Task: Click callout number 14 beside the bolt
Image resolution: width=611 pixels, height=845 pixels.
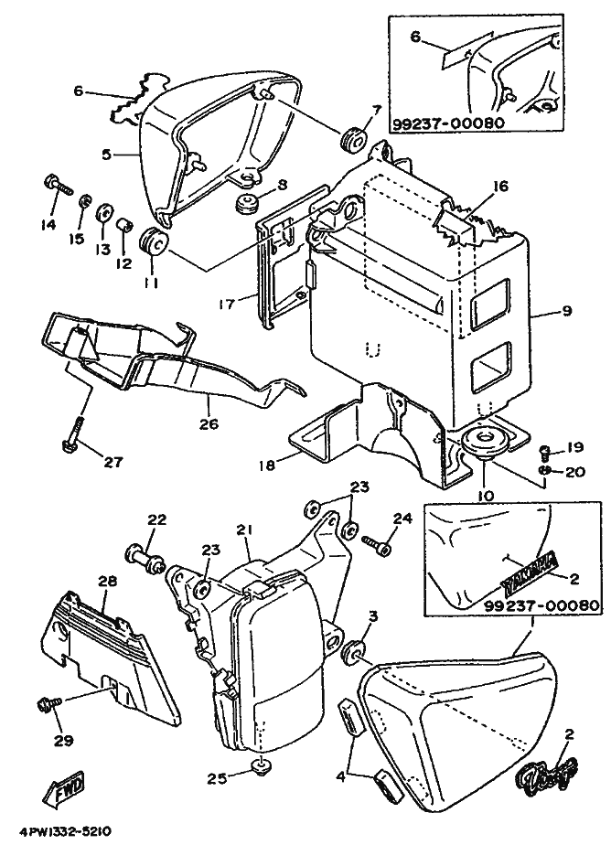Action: pyautogui.click(x=48, y=224)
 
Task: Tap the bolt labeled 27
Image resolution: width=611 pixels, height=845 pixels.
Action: pyautogui.click(x=73, y=431)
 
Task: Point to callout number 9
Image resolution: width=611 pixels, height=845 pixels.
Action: pyautogui.click(x=566, y=311)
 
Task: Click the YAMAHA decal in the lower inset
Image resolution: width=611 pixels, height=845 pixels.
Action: pyautogui.click(x=529, y=565)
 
